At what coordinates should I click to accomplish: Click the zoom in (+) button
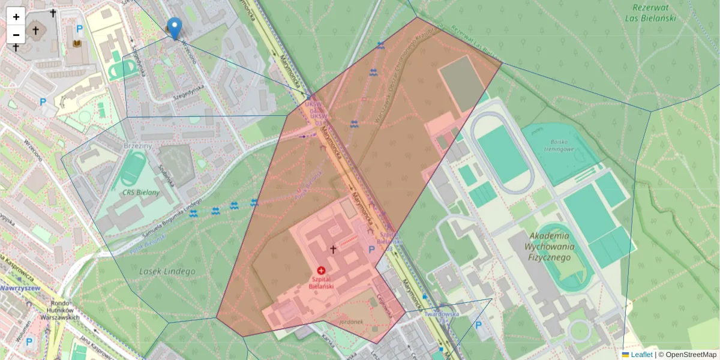(x=16, y=17)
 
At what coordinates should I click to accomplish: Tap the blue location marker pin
(x=174, y=28)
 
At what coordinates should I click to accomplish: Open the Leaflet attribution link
(x=641, y=355)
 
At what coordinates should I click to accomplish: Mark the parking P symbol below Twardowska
(x=478, y=325)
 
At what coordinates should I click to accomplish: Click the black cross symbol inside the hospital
(x=333, y=248)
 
